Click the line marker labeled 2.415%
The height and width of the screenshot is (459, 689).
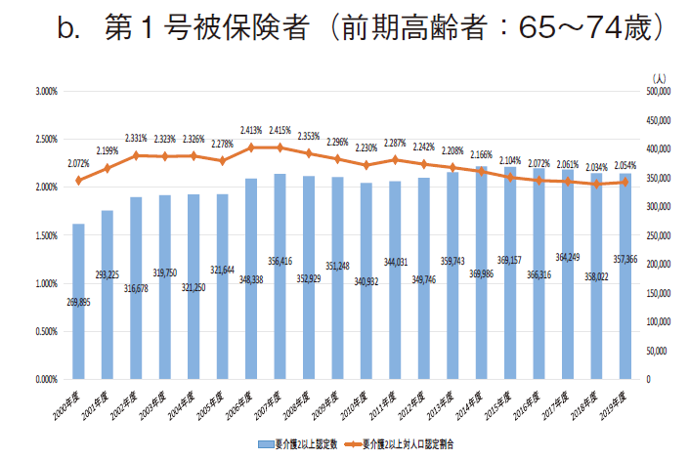[x=280, y=147]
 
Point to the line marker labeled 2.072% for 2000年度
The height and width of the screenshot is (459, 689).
[x=78, y=181]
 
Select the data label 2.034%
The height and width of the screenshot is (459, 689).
[x=596, y=167]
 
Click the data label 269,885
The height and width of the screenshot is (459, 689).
[x=78, y=303]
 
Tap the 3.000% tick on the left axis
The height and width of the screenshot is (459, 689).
[x=46, y=92]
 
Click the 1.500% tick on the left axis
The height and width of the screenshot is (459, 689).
[x=46, y=235]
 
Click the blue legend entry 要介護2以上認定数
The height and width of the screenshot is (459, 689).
[x=302, y=443]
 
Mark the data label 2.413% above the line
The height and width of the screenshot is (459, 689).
[x=251, y=129]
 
